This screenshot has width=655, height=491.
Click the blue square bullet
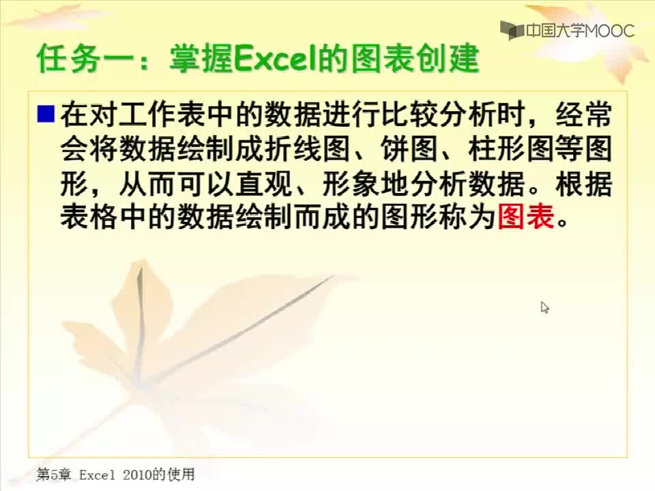click(x=46, y=114)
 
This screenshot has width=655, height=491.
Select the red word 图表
click(x=526, y=216)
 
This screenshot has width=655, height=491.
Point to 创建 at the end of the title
click(x=446, y=59)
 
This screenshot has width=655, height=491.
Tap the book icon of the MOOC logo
click(x=512, y=30)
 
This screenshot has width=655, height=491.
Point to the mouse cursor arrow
click(x=544, y=308)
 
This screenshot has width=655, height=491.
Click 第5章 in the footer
click(x=54, y=475)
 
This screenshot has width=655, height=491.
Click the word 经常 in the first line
click(x=584, y=114)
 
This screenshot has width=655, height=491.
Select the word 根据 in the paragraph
click(x=584, y=183)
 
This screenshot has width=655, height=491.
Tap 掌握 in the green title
click(x=201, y=59)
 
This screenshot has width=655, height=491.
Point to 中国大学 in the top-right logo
click(x=555, y=30)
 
